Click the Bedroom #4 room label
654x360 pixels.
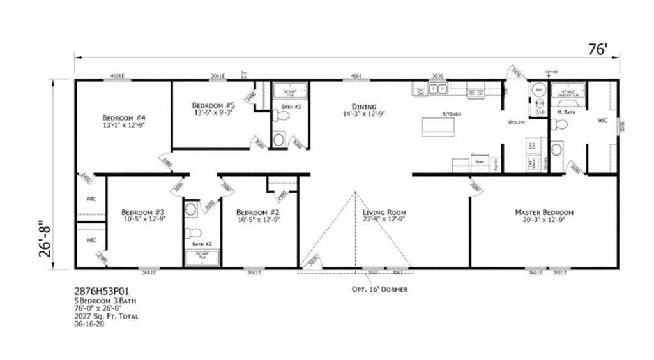tap(125, 118)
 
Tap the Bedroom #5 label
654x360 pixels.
tap(213, 105)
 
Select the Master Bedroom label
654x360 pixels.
tap(544, 212)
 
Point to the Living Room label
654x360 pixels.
tap(384, 212)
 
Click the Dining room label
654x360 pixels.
tap(363, 107)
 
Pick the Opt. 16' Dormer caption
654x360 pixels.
tap(379, 289)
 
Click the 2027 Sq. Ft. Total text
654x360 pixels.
tap(106, 316)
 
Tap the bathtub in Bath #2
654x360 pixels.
tap(202, 258)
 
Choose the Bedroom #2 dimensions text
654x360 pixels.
tap(258, 220)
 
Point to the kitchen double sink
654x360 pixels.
tap(437, 89)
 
